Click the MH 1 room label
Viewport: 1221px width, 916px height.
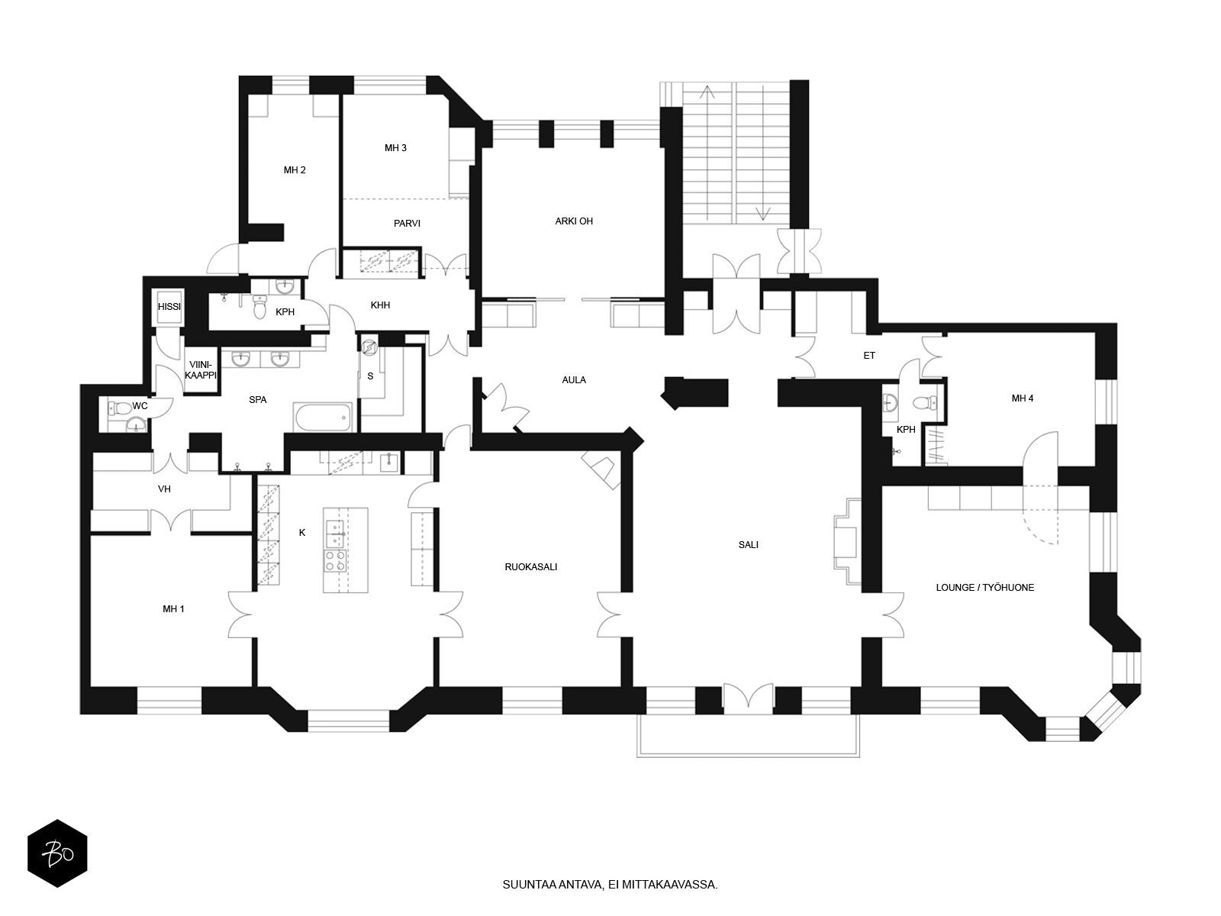click(173, 609)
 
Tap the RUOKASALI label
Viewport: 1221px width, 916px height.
click(530, 566)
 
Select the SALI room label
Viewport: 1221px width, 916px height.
click(748, 544)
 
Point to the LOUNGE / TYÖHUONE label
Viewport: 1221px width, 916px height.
click(984, 587)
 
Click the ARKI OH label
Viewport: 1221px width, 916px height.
click(574, 221)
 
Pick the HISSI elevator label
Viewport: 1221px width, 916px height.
click(169, 306)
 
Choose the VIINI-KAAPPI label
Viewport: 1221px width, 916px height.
click(200, 370)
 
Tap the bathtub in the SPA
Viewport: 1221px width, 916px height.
click(324, 417)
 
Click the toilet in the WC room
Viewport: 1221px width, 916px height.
click(117, 408)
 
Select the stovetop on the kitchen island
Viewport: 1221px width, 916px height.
click(336, 560)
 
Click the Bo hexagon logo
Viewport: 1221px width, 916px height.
click(57, 853)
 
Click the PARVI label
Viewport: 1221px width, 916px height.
click(407, 224)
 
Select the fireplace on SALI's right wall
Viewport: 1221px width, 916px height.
click(847, 541)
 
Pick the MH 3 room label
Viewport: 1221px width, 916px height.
click(395, 148)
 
